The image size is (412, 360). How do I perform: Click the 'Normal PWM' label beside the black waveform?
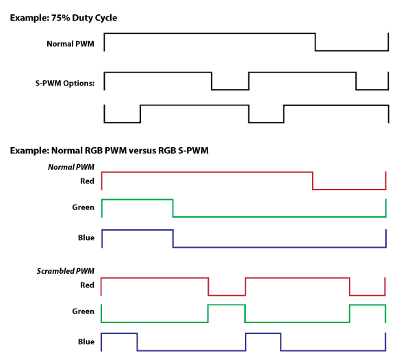point(70,44)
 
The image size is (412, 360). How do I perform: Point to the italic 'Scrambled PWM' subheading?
point(65,272)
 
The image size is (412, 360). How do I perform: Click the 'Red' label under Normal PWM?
point(87,181)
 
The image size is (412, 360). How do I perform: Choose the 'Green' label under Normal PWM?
point(83,207)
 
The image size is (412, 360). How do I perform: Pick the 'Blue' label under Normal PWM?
point(86,237)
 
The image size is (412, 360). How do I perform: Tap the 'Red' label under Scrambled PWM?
point(87,285)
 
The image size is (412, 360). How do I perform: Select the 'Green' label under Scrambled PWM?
point(83,311)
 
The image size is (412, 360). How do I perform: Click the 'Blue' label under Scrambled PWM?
point(86,342)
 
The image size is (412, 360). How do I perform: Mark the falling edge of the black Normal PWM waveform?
point(316,41)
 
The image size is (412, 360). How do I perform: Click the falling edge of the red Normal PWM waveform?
point(313,181)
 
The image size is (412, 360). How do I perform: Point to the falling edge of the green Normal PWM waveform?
point(172,207)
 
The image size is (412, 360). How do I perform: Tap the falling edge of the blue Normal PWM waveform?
point(172,238)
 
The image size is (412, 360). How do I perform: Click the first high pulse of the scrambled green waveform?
point(226,305)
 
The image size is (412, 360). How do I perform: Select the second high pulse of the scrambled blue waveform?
point(263,333)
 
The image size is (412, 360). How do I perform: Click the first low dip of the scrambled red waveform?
point(227,294)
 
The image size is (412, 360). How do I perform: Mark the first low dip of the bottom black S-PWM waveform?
point(122,122)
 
